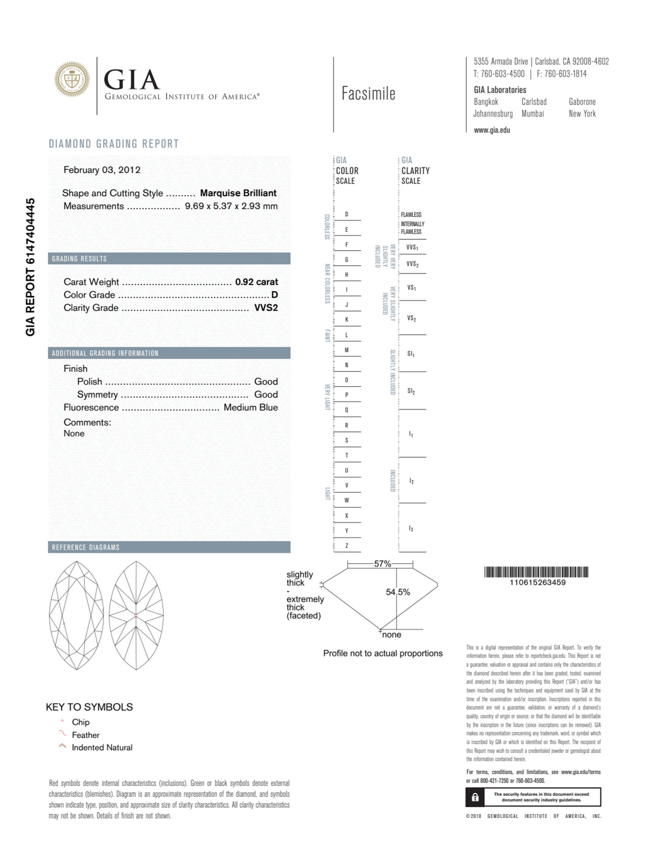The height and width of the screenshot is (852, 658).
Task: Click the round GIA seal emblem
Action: click(x=72, y=79)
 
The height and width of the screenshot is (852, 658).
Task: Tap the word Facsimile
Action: click(x=368, y=94)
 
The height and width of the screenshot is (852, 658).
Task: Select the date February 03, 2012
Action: click(x=102, y=170)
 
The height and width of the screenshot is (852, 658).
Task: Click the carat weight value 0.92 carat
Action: click(x=256, y=282)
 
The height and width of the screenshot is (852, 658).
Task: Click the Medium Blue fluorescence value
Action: click(x=250, y=407)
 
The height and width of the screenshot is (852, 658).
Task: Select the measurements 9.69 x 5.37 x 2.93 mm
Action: click(x=231, y=206)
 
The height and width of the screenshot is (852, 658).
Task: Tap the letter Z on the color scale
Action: click(x=346, y=546)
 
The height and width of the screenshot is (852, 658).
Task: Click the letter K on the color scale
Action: click(x=346, y=319)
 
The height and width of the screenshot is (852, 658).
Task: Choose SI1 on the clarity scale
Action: click(x=411, y=354)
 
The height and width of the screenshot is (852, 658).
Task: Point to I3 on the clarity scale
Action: click(x=411, y=529)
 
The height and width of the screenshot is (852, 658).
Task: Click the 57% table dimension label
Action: click(x=382, y=564)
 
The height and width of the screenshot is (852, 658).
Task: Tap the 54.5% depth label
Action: click(x=398, y=592)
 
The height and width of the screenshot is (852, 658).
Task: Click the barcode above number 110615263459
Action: click(x=536, y=572)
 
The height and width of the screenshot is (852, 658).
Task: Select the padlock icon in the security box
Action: click(x=475, y=797)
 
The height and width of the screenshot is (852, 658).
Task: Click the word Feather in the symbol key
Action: click(x=85, y=735)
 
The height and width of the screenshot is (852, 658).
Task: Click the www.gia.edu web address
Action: click(x=492, y=130)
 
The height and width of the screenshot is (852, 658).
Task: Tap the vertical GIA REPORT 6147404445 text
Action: click(x=31, y=267)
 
